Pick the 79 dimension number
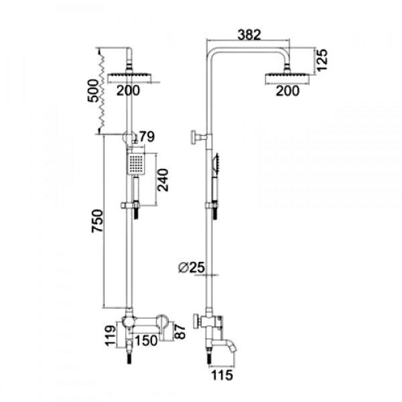(148, 137)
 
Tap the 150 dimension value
(147, 340)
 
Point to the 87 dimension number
(179, 329)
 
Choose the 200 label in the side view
(287, 92)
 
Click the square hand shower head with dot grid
(136, 163)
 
